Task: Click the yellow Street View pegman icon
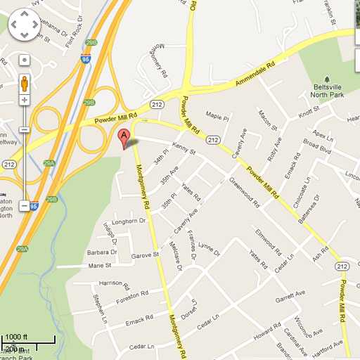[24, 83]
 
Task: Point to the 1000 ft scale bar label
[15, 336]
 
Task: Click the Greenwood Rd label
[245, 191]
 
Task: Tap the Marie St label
[101, 266]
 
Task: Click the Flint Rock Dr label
[73, 32]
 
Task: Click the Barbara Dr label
[101, 252]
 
